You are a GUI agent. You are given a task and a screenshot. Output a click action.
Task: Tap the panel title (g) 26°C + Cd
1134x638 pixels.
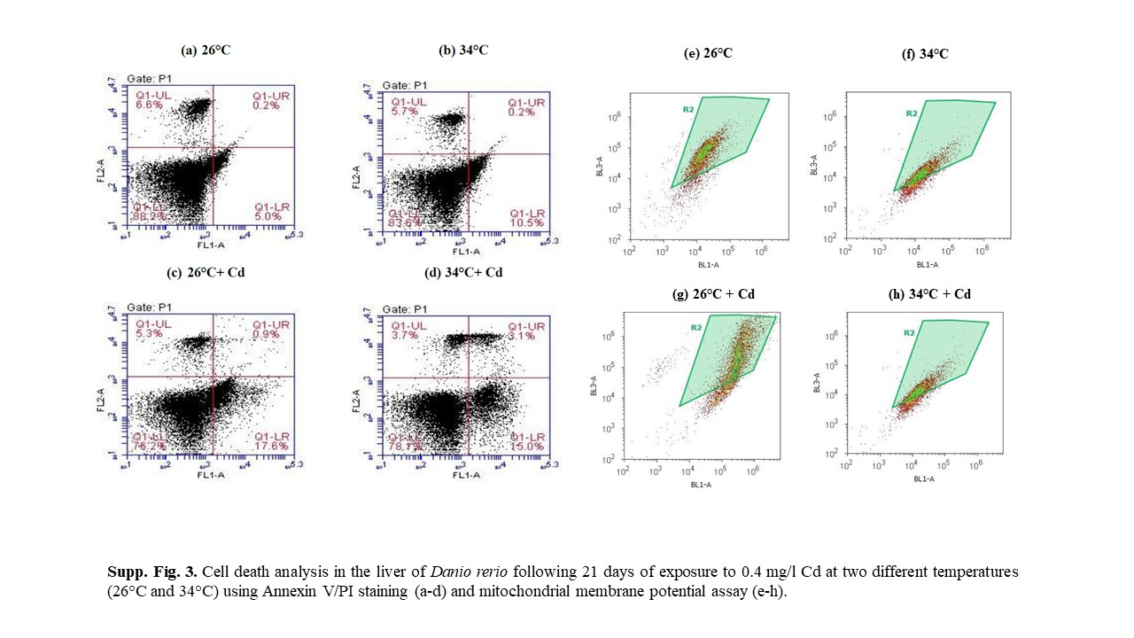click(713, 293)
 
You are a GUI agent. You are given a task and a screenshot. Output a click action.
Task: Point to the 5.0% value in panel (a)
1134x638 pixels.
click(267, 215)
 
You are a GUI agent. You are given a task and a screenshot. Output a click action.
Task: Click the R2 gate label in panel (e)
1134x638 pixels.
click(687, 109)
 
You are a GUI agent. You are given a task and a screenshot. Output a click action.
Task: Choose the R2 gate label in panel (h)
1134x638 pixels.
click(908, 333)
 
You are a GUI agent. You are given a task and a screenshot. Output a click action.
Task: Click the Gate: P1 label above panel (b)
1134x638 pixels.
click(406, 85)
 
